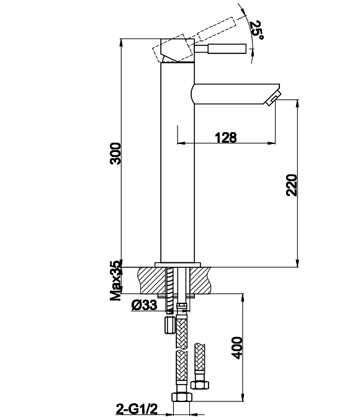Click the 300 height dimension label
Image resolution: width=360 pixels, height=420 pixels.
[116, 153]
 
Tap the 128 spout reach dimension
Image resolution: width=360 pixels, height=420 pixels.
[226, 137]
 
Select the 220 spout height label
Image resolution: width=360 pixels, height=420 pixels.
[292, 185]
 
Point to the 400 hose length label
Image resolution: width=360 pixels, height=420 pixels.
[237, 347]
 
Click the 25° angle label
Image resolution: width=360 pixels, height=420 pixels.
[256, 29]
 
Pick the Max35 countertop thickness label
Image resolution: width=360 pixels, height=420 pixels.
[116, 280]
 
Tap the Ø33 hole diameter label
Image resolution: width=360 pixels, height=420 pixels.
[144, 305]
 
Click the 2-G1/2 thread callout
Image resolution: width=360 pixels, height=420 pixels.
[137, 409]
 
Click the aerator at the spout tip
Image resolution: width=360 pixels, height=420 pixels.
[274, 98]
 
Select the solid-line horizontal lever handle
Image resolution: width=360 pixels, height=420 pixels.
[220, 49]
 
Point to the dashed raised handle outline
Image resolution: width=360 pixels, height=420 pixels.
[194, 39]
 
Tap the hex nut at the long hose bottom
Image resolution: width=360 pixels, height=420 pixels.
[182, 396]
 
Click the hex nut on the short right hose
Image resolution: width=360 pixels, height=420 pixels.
[200, 385]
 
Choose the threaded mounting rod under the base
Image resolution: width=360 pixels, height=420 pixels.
[169, 290]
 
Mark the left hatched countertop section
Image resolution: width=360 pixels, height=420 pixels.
[151, 280]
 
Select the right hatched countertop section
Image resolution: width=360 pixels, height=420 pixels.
[200, 280]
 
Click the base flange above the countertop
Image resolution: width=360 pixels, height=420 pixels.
[178, 265]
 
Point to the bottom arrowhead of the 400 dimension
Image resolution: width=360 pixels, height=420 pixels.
[243, 398]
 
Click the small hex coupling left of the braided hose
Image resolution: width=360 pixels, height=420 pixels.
[169, 325]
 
